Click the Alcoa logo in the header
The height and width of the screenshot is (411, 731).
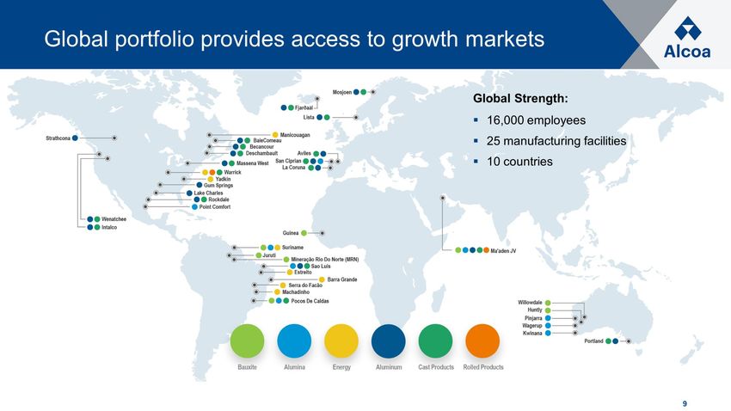(x=687, y=38)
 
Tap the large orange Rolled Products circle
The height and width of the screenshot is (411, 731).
(x=482, y=341)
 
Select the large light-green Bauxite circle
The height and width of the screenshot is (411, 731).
(x=247, y=341)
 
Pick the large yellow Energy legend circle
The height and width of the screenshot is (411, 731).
(x=341, y=341)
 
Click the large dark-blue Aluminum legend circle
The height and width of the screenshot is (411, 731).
(x=389, y=341)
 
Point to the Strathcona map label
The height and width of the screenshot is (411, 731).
(x=58, y=138)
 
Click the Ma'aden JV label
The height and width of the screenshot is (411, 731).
(x=503, y=251)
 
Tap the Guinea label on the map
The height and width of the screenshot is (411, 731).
(x=291, y=233)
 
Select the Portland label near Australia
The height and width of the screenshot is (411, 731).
(x=593, y=341)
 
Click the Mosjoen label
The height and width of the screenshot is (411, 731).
(x=342, y=92)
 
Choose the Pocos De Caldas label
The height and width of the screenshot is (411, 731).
(x=310, y=301)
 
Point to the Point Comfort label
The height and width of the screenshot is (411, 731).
(x=215, y=207)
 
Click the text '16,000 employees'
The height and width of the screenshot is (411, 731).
(x=536, y=120)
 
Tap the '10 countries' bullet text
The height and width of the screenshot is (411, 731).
(x=519, y=162)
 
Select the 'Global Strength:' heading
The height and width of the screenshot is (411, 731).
(x=521, y=99)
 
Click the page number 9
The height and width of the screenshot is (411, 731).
(x=685, y=403)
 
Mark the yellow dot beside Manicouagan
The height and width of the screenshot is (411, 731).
(x=275, y=135)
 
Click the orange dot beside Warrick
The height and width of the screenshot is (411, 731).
(x=212, y=173)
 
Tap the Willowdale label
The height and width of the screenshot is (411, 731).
(x=530, y=303)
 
